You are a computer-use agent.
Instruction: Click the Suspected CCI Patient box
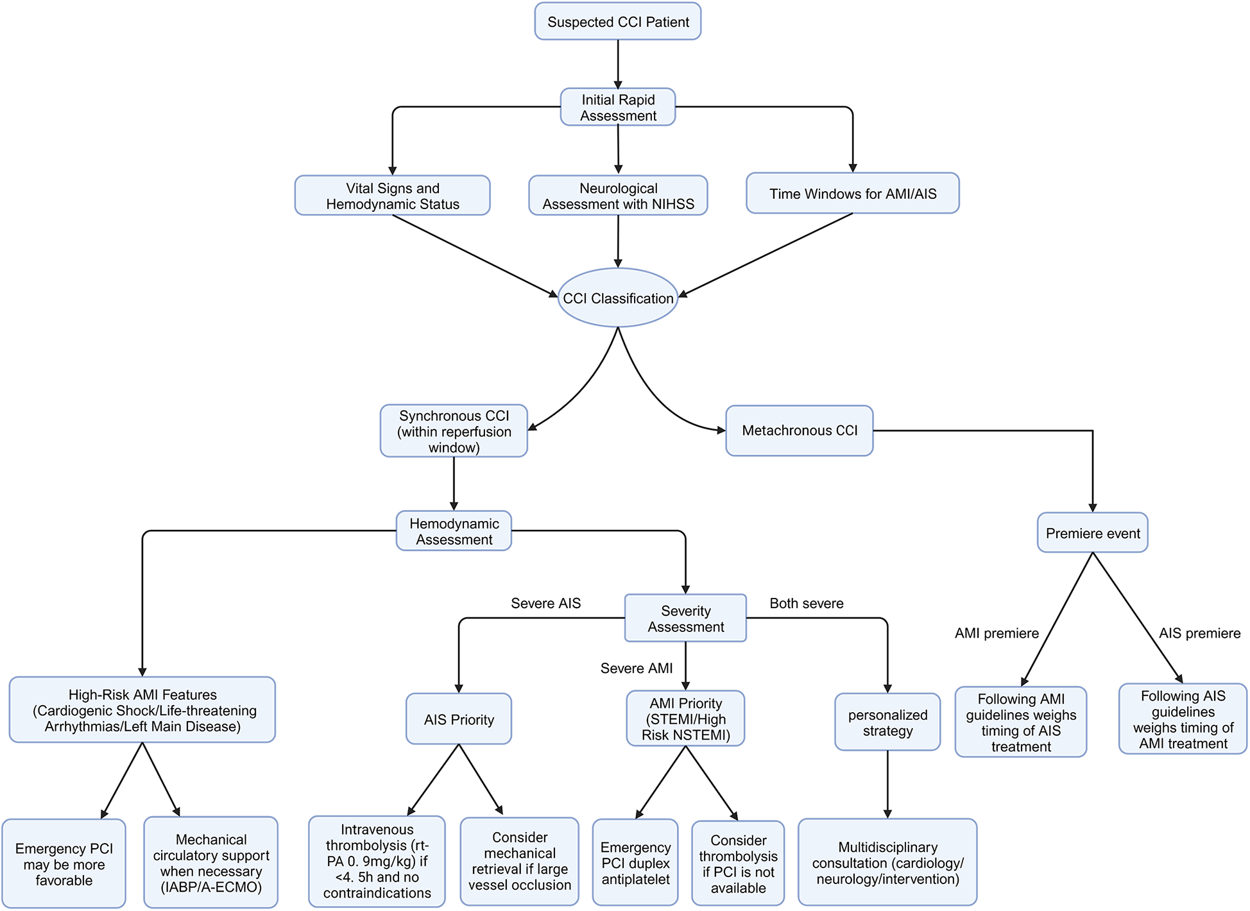[x=617, y=22]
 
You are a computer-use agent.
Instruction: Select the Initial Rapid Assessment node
[x=617, y=107]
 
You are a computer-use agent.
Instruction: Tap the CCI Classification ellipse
[x=617, y=298]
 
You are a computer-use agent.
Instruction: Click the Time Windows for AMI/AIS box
[x=852, y=193]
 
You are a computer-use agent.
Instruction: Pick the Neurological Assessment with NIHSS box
[x=617, y=196]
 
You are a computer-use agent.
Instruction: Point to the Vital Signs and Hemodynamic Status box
[x=392, y=196]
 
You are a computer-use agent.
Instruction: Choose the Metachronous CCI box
[x=799, y=430]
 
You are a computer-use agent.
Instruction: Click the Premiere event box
[x=1092, y=532]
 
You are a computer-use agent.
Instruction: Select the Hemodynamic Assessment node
[x=454, y=531]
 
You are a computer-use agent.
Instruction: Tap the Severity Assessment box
[x=685, y=618]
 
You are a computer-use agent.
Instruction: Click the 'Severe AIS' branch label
[x=545, y=603]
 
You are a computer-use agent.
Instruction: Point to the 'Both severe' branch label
[x=806, y=603]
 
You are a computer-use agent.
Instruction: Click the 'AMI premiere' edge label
[x=996, y=633]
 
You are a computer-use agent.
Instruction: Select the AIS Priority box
[x=458, y=719]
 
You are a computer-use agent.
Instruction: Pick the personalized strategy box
[x=887, y=722]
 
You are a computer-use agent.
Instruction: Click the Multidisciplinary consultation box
[x=887, y=862]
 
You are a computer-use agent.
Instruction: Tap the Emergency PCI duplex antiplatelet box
[x=635, y=863]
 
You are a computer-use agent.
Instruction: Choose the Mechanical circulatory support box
[x=210, y=862]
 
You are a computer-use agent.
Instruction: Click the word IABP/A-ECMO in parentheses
[x=210, y=887]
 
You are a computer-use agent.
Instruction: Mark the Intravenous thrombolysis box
[x=377, y=861]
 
